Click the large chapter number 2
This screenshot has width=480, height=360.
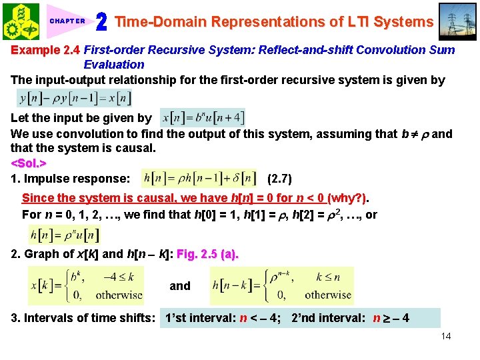(x=101, y=22)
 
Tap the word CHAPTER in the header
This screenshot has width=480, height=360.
(x=67, y=21)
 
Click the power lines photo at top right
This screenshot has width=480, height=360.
(x=458, y=21)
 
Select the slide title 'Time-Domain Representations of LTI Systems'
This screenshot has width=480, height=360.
(x=274, y=21)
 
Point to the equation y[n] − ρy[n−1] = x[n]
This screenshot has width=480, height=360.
(x=74, y=99)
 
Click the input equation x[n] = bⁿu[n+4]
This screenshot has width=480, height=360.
(x=203, y=117)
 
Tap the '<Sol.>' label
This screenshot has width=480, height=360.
(x=29, y=163)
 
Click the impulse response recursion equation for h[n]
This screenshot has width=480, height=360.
(x=199, y=179)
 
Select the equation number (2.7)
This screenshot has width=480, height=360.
(x=279, y=179)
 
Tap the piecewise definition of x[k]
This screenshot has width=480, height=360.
(x=85, y=285)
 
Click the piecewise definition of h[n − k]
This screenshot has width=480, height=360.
(x=281, y=285)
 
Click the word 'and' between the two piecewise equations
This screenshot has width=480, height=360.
(x=180, y=286)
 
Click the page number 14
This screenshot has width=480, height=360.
(x=446, y=336)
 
